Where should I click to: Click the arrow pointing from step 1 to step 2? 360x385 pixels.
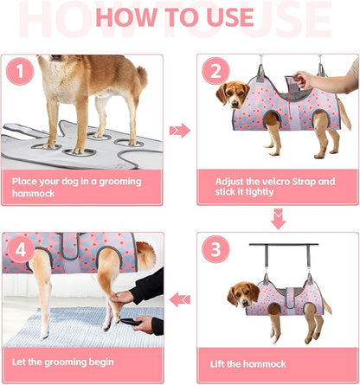(x=179, y=131)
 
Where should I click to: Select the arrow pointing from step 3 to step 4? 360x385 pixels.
(x=180, y=300)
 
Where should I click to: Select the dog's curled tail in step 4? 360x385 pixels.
(x=145, y=255)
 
